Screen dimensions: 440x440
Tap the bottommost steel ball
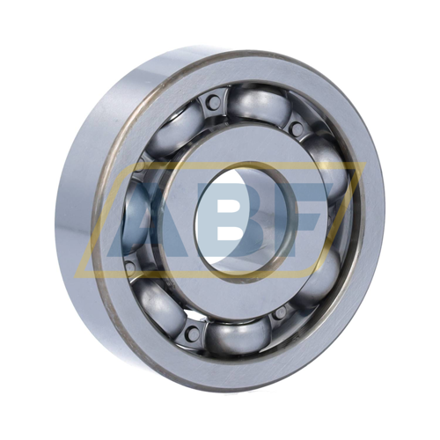pyautogui.click(x=238, y=337)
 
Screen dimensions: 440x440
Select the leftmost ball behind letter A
pyautogui.click(x=134, y=217)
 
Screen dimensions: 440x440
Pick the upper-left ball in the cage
pyautogui.click(x=173, y=129)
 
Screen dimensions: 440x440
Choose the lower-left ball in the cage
pyautogui.click(x=162, y=302)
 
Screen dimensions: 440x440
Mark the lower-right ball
pyautogui.click(x=319, y=279)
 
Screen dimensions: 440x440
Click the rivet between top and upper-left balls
pyautogui.click(x=214, y=102)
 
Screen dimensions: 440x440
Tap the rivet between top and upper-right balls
pyautogui.click(x=297, y=128)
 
